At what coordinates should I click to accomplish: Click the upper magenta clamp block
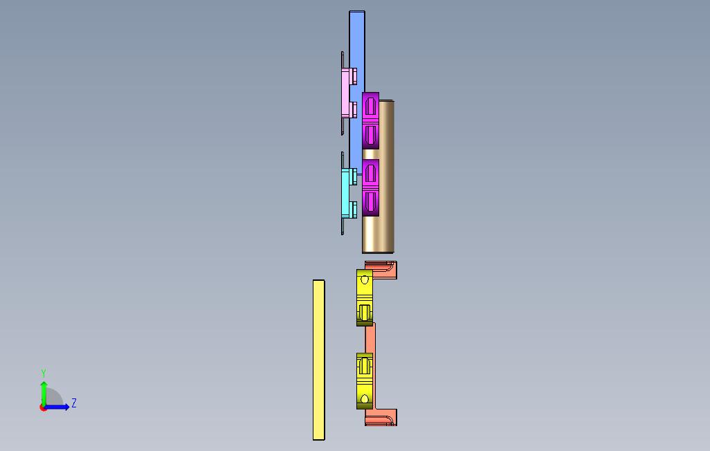tap(370, 120)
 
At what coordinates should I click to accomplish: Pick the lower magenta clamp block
tap(370, 187)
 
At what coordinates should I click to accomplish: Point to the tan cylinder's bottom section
tap(378, 234)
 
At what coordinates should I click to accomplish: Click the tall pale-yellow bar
tap(319, 360)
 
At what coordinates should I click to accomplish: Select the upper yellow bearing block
tap(365, 297)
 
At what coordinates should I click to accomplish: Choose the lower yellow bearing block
tap(365, 381)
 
